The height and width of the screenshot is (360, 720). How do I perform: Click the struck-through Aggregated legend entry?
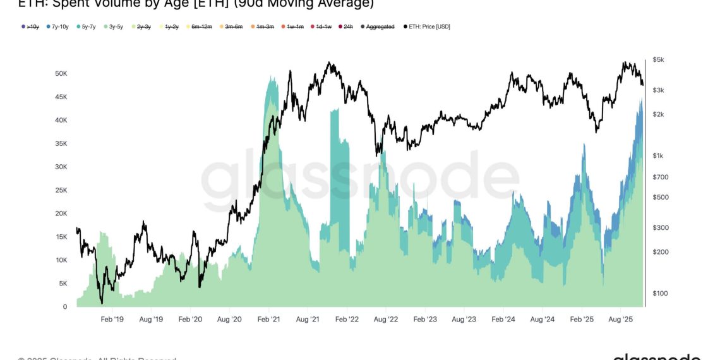point(380,27)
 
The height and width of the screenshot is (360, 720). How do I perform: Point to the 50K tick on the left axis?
point(61,73)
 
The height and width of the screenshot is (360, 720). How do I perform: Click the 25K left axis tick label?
point(61,190)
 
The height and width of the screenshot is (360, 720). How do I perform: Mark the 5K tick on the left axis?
point(63,284)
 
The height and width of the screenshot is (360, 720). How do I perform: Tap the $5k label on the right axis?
point(658,59)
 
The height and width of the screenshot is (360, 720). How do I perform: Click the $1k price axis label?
point(658,155)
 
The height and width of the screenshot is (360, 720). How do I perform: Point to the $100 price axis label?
point(659,293)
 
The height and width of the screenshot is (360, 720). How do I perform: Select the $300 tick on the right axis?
point(659,227)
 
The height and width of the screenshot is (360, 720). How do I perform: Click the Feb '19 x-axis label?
point(112,320)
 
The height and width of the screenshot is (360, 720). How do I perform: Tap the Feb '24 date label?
point(503,320)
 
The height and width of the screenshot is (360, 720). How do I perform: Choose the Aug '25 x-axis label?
point(620,320)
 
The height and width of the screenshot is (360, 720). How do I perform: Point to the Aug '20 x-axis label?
point(230,320)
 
